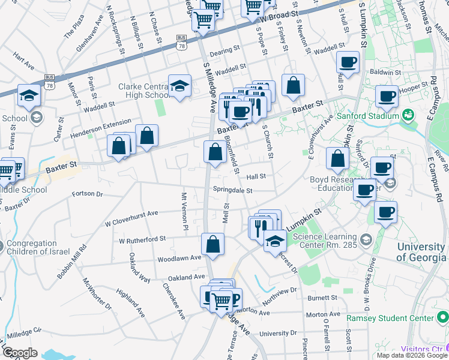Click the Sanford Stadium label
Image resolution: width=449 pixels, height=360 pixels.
[367, 115]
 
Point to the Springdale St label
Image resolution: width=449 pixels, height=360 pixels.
[232, 190]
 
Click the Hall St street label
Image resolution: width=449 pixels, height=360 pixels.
[256, 176]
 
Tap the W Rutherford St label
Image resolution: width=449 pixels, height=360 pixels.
[142, 239]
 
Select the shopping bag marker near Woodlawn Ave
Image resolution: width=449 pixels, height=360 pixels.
[212, 245]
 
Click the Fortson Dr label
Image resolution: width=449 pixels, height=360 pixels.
[88, 194]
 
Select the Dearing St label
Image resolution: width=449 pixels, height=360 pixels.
[225, 52]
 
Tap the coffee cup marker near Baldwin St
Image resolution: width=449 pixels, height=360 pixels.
[348, 62]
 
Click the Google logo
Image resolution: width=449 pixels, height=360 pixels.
[20, 353]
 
